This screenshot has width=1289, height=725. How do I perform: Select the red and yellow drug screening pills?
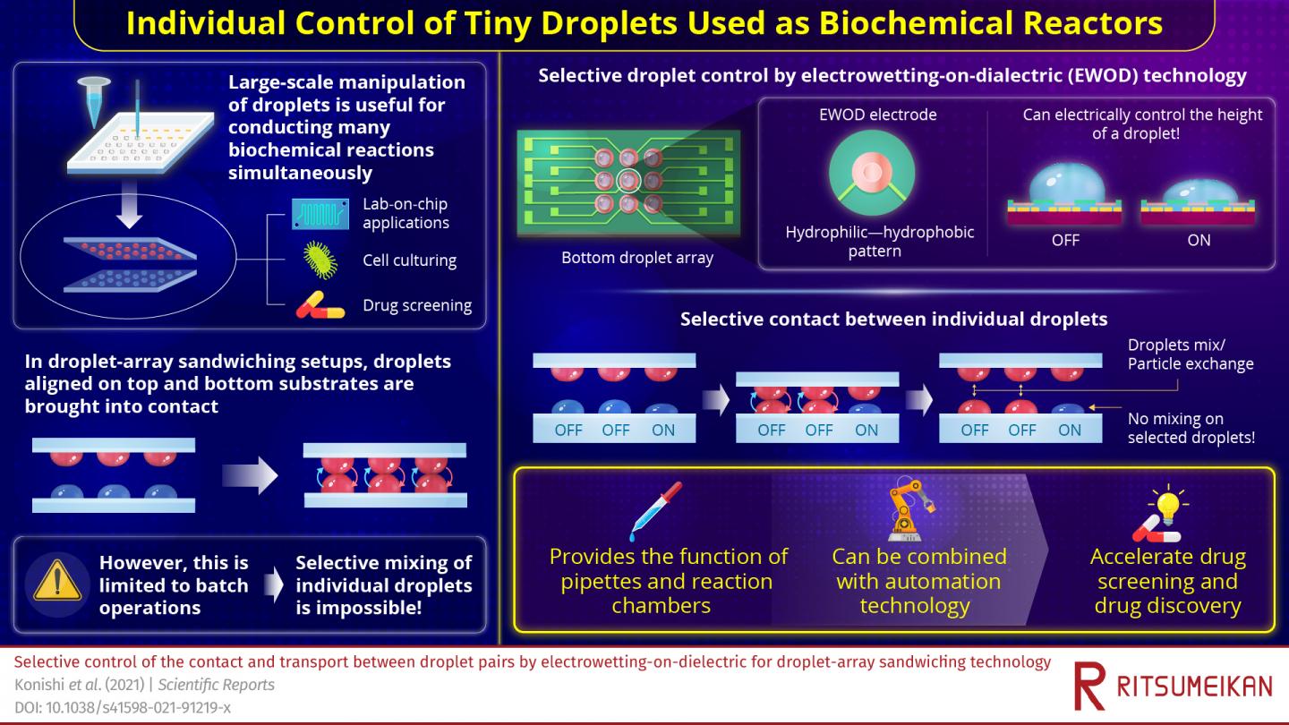coord(320,306)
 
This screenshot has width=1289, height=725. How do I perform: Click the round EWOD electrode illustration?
coord(871,175)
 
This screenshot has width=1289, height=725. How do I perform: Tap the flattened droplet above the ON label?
coord(1199,192)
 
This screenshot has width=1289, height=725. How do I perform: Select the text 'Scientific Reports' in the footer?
coord(216,685)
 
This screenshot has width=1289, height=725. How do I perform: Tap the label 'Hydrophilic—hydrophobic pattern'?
coord(879,242)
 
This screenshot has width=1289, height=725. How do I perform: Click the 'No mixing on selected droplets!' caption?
coord(1191,428)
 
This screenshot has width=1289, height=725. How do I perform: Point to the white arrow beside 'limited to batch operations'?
coord(272,586)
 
